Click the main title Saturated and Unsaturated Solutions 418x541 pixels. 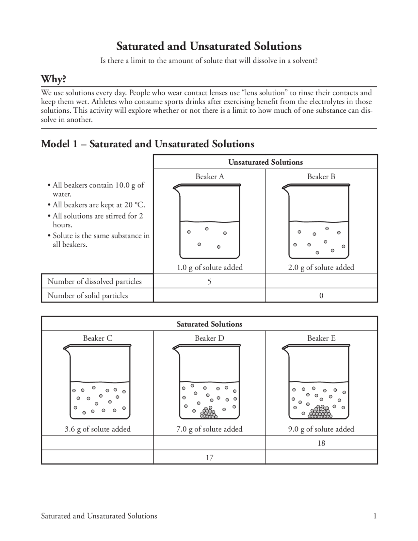209,46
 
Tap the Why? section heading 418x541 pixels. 54,79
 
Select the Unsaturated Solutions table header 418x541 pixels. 265,162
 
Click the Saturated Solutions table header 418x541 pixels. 209,324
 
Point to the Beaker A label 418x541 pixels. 210,176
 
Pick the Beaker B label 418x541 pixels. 321,176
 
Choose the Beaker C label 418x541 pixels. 97,338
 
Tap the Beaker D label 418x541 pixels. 209,338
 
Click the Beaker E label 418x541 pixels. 321,338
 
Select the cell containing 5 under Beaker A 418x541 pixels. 209,281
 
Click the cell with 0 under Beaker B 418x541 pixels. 321,296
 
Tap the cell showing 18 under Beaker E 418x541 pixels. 321,443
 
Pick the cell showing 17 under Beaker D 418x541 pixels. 209,457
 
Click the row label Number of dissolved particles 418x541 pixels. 94,281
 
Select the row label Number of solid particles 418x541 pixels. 88,296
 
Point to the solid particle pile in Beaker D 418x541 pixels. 209,413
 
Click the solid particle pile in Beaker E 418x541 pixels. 320,412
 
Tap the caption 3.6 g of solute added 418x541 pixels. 97,429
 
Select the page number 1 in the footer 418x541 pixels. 375,516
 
